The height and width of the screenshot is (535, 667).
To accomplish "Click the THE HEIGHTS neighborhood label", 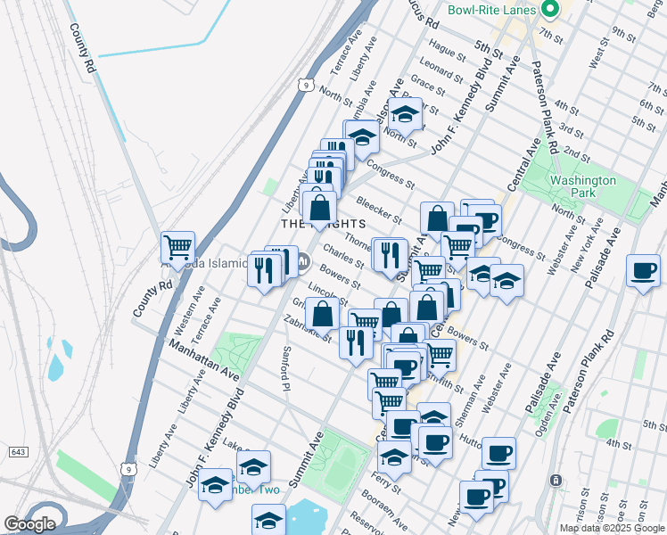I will pyautogui.click(x=322, y=223).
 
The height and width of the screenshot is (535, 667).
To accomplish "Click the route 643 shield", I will pyautogui.click(x=18, y=452).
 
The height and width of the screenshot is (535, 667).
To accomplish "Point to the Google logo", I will pyautogui.click(x=29, y=524).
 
